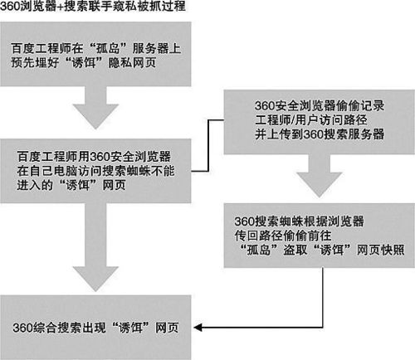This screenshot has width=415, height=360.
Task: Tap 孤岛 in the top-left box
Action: [x=108, y=49]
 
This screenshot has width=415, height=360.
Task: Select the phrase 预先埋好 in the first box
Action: [x=35, y=62]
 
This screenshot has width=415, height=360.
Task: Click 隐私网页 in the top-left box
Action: [x=132, y=62]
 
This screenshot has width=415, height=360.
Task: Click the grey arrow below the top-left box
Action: [x=95, y=107]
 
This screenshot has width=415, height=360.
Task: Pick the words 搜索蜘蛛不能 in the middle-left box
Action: [x=138, y=171]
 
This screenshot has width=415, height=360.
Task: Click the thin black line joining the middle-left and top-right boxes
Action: [x=208, y=146]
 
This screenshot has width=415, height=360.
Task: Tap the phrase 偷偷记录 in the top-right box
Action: [x=360, y=105]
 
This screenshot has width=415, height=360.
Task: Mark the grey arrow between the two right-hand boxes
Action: [x=320, y=175]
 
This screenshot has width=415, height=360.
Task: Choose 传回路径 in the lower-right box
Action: [x=259, y=236]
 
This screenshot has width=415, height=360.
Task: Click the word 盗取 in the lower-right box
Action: [x=295, y=250]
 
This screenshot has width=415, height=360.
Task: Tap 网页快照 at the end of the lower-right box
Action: [x=380, y=250]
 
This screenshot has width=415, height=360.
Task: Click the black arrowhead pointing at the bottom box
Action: [x=198, y=328]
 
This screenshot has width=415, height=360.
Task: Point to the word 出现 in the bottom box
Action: [x=94, y=328]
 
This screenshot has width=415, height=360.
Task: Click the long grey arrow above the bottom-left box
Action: [x=95, y=247]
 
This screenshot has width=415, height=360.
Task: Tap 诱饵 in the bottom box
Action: [x=130, y=328]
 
